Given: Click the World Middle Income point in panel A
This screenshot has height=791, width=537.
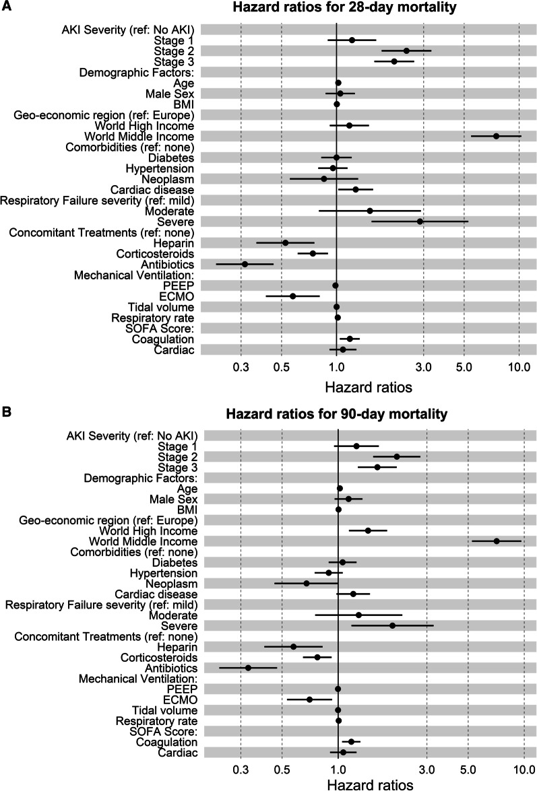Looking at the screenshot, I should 497,136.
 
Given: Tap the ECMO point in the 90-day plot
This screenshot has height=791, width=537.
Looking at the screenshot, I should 310,699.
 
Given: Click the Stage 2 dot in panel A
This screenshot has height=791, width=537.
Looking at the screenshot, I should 406,50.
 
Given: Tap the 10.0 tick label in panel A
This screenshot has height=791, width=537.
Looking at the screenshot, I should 518,369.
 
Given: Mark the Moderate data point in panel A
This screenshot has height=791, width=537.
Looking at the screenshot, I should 370,211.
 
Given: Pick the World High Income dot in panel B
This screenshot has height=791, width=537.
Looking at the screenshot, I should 368,530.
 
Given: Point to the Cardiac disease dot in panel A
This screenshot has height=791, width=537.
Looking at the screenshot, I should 356,189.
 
